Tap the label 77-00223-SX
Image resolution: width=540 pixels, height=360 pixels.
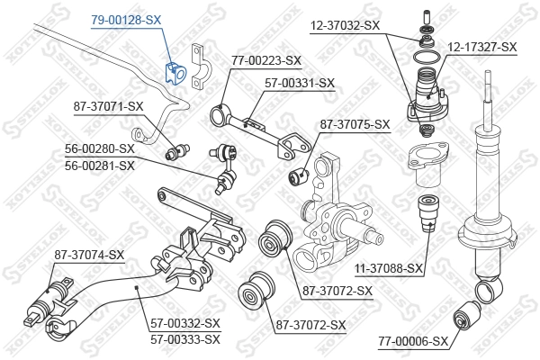point(265,60)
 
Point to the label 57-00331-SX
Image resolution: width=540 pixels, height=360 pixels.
point(300,83)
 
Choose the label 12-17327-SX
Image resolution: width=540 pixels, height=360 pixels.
point(482,46)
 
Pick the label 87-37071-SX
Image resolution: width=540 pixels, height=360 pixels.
point(108,106)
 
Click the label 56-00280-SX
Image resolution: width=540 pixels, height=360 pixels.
point(99,148)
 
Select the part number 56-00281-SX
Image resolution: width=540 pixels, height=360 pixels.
point(99,166)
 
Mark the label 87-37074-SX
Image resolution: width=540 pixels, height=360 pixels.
point(88,255)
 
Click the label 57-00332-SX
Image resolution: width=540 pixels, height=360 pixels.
point(185,322)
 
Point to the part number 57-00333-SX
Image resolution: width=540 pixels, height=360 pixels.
point(185,339)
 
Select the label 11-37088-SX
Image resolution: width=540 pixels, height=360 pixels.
point(388,268)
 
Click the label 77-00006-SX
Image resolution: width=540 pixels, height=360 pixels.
point(414,341)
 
